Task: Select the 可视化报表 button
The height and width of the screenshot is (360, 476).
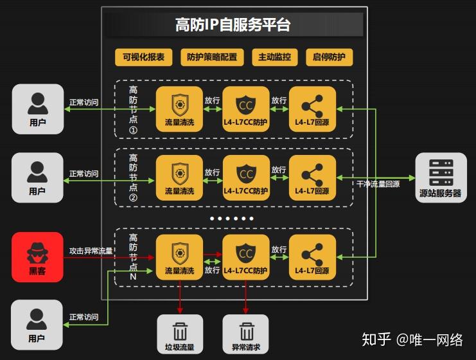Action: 144,57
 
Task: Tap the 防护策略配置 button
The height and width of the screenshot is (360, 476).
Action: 212,57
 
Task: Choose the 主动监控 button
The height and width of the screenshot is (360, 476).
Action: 274,57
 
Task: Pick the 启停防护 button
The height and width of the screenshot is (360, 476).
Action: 329,57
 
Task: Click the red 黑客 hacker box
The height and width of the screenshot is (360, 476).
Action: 37,256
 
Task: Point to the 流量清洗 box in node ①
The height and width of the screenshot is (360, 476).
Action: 179,109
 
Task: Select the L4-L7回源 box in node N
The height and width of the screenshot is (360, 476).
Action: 312,257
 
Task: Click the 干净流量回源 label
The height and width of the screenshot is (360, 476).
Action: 378,184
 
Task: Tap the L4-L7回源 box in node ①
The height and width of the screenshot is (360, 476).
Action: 312,109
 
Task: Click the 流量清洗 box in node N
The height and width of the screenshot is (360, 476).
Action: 179,257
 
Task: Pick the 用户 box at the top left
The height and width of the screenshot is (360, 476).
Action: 37,109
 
